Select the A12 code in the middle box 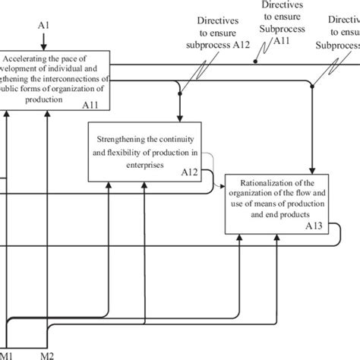189,172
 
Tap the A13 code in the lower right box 314,226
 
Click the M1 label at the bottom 5,355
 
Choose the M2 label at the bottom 47,355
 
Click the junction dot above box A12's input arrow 179,93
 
